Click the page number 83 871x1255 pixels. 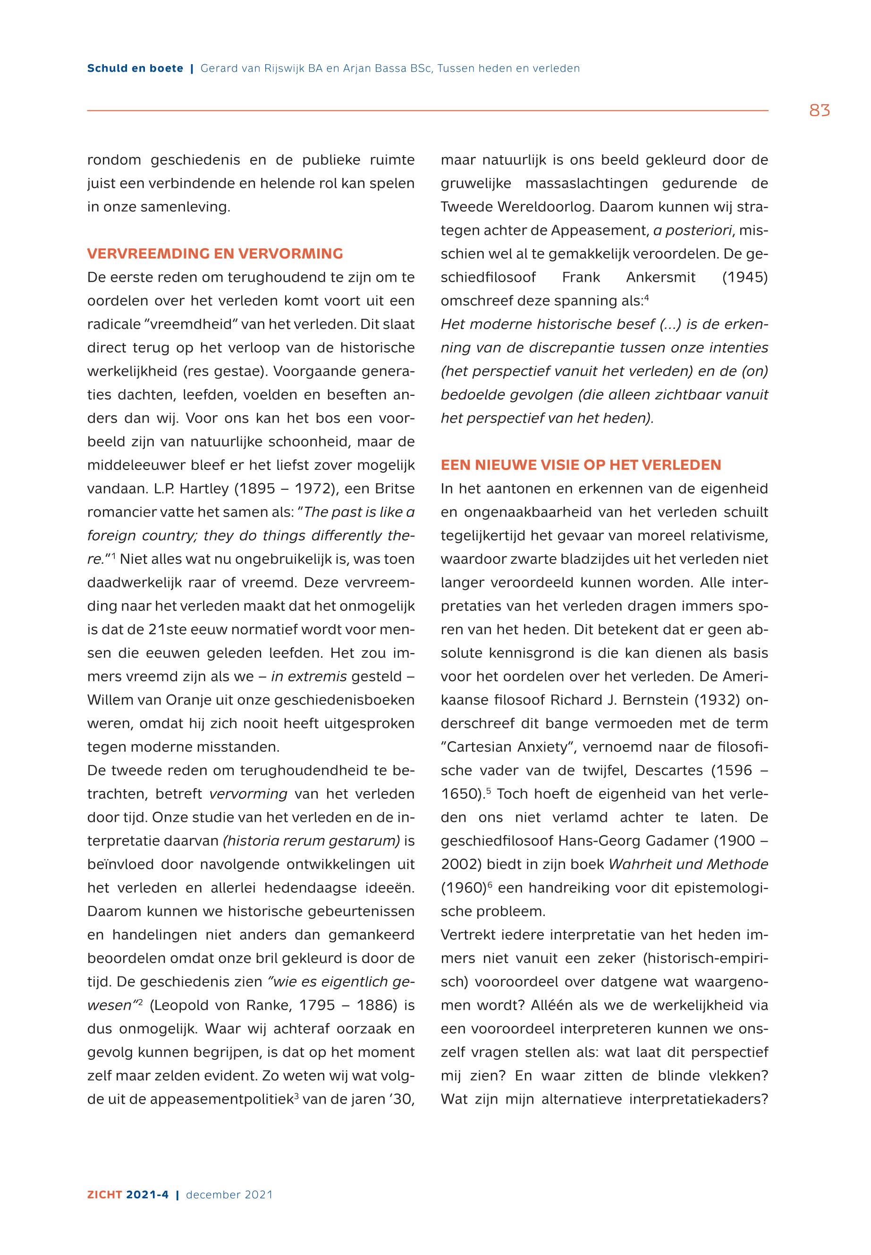(819, 111)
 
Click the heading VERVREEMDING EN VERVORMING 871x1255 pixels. (215, 254)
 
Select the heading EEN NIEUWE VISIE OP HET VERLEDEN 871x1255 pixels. (581, 465)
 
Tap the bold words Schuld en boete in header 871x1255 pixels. (135, 69)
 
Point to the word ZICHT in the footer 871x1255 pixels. (105, 1195)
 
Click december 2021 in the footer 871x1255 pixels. (229, 1195)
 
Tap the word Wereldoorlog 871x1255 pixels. (546, 207)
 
